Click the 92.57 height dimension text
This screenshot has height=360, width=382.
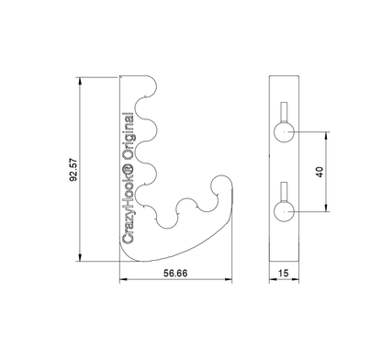pyautogui.click(x=74, y=170)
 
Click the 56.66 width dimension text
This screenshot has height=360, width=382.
pyautogui.click(x=175, y=273)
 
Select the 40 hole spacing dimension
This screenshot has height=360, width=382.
pyautogui.click(x=320, y=172)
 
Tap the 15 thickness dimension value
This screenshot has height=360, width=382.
pyautogui.click(x=284, y=273)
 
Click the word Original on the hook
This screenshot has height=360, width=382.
pyautogui.click(x=128, y=136)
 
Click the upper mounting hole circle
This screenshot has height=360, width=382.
pyautogui.click(x=284, y=132)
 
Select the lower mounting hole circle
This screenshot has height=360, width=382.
pyautogui.click(x=284, y=211)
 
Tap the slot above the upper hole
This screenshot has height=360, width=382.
pyautogui.click(x=285, y=112)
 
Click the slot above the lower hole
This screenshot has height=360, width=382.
pyautogui.click(x=285, y=192)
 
